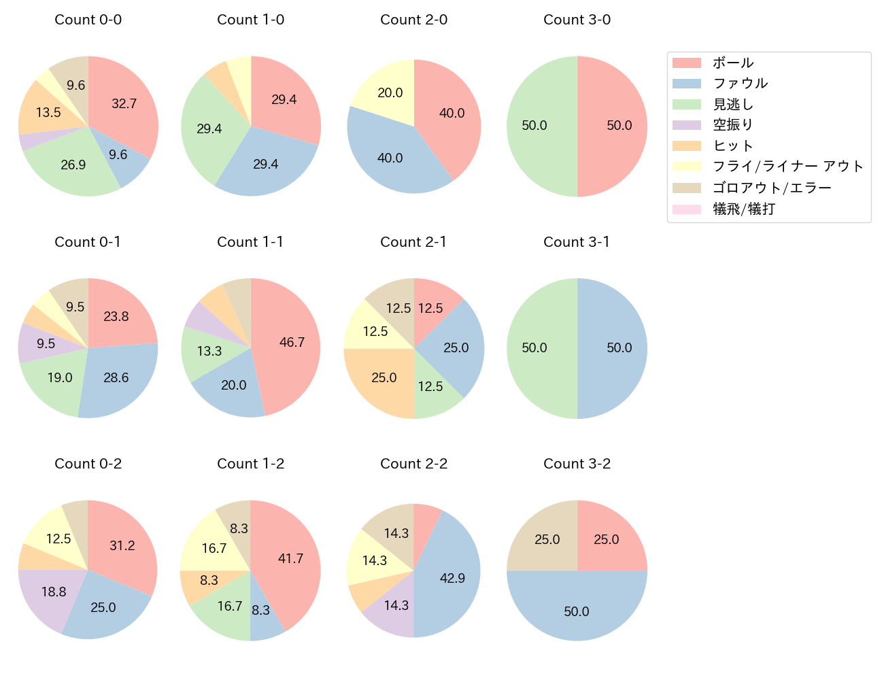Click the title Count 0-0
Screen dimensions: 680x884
click(x=88, y=20)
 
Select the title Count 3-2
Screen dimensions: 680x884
click(x=577, y=464)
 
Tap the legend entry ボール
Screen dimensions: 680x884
click(x=732, y=63)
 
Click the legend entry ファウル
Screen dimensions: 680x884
click(x=740, y=84)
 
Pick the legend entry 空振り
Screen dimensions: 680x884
click(x=732, y=125)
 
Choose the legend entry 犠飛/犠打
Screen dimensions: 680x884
click(x=743, y=209)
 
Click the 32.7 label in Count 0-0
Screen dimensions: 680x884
click(x=124, y=103)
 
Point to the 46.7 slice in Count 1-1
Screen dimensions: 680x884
click(x=291, y=342)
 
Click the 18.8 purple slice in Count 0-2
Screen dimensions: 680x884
click(x=53, y=592)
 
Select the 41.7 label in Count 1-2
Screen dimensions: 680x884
click(x=290, y=558)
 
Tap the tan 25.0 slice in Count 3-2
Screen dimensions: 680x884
click(x=547, y=540)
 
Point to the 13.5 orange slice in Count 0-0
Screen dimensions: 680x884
click(x=48, y=112)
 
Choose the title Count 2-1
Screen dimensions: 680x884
click(x=413, y=242)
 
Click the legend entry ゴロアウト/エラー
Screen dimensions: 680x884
click(x=772, y=188)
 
